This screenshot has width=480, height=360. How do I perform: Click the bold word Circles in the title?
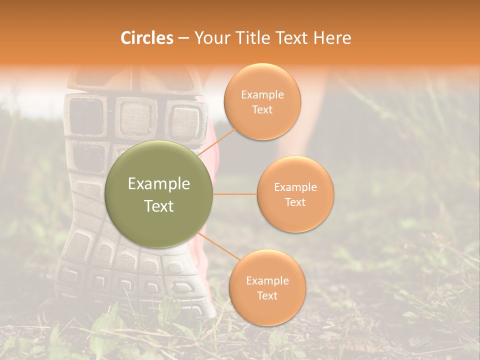(x=147, y=38)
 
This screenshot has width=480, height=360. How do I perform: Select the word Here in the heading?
(x=332, y=38)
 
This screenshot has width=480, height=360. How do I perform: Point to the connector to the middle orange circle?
(x=235, y=194)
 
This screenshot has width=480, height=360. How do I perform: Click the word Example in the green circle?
(x=159, y=184)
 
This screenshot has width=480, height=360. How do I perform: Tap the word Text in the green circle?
(x=159, y=206)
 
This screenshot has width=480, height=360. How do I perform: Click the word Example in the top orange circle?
(x=262, y=95)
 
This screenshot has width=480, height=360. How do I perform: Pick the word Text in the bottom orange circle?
(x=267, y=295)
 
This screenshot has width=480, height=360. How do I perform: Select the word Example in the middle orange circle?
(x=295, y=187)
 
